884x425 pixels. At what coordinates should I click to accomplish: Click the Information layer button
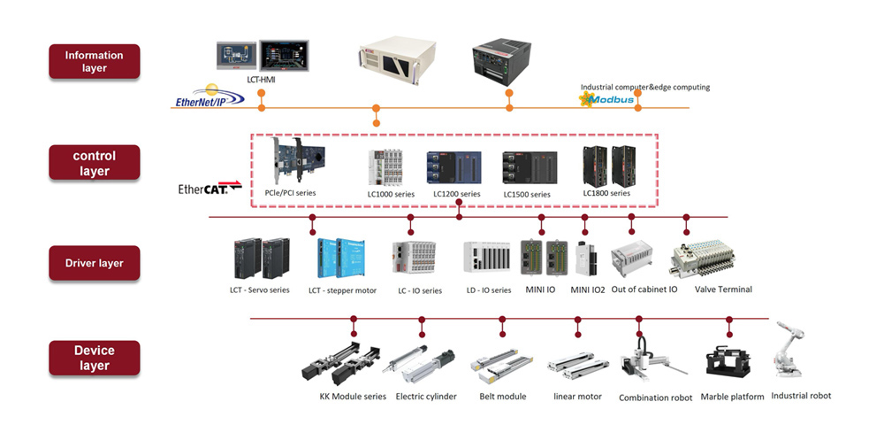[x=95, y=61]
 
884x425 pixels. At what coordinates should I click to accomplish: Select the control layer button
[x=95, y=163]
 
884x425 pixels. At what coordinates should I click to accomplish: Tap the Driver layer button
[x=95, y=263]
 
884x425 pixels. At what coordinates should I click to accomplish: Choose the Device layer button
[x=95, y=358]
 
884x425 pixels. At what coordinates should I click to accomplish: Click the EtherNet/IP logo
[x=210, y=97]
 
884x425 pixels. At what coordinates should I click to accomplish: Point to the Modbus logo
[x=606, y=100]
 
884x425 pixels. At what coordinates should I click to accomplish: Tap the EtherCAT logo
[x=210, y=188]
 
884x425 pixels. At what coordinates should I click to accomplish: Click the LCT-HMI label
[x=261, y=80]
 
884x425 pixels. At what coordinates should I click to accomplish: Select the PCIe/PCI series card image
[x=298, y=159]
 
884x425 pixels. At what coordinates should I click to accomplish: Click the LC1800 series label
[x=606, y=193]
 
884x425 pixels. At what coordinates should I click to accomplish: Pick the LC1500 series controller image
[x=530, y=167]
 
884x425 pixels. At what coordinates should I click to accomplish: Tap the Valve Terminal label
[x=723, y=290]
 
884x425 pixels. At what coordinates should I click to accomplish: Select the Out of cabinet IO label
[x=644, y=290]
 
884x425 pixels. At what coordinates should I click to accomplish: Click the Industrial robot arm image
[x=789, y=350]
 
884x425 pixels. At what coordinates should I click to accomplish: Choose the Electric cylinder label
[x=426, y=396]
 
